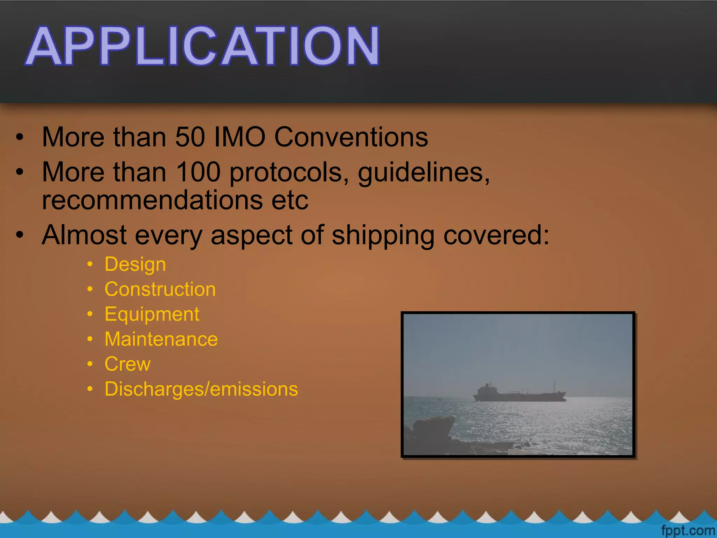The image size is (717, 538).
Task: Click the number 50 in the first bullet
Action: [x=190, y=137]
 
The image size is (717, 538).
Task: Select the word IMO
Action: [x=239, y=137]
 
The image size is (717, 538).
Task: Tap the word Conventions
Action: [x=351, y=137]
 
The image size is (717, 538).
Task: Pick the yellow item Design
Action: [x=135, y=264]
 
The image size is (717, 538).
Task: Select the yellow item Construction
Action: [x=160, y=289]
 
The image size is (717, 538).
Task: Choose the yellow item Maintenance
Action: [x=161, y=339]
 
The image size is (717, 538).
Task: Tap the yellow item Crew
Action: [x=127, y=364]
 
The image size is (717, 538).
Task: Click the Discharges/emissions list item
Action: [x=201, y=389]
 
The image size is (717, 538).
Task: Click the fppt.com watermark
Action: [x=688, y=531]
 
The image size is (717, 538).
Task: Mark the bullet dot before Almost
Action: [x=20, y=235]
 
